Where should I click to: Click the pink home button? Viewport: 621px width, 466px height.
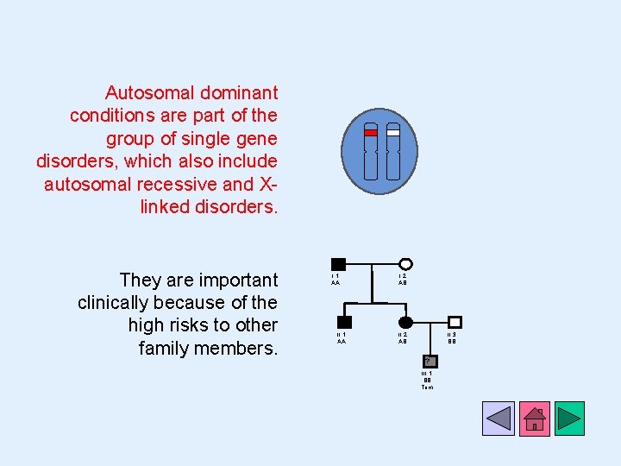point(535,419)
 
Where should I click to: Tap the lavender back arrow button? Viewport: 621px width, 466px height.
point(499,419)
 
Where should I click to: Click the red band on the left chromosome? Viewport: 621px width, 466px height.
point(371,133)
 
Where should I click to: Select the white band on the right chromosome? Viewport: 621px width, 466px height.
point(393,133)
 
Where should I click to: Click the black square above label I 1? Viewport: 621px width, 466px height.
point(338,264)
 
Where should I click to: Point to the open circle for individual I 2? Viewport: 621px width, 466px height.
point(405,264)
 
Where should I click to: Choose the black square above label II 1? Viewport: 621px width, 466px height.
point(344,322)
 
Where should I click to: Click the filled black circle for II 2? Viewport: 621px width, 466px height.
point(405,322)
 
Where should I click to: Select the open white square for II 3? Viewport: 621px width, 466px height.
point(455,322)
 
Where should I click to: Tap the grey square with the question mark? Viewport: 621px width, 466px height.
point(429,359)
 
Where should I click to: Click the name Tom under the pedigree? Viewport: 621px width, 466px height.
point(427,387)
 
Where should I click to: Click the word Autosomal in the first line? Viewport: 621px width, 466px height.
point(142,92)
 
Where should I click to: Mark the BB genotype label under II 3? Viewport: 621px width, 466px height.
point(452,341)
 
